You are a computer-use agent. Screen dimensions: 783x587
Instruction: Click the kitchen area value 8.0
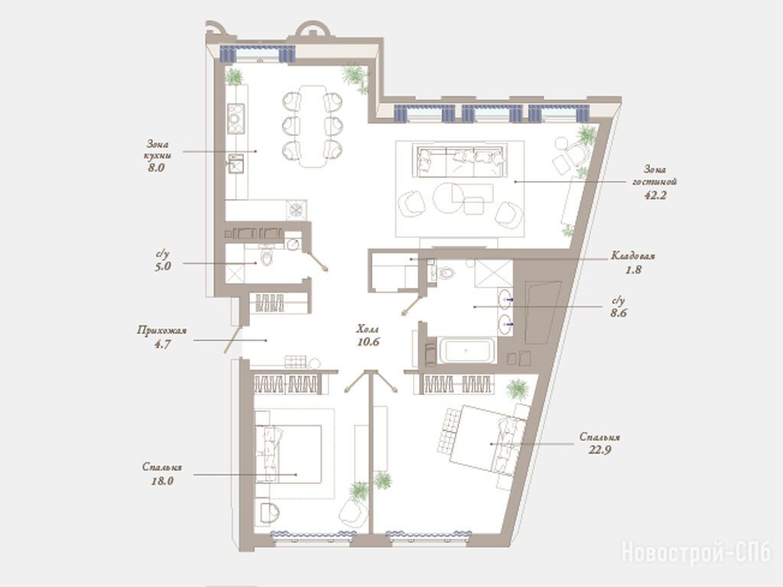click(156, 167)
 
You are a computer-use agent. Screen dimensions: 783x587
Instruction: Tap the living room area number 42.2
click(655, 195)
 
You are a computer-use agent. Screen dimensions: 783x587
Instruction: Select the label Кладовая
click(632, 256)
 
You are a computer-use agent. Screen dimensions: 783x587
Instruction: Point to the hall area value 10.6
click(369, 342)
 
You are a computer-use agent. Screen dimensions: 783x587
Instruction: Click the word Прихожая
click(162, 330)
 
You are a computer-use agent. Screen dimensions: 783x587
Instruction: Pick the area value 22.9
click(599, 449)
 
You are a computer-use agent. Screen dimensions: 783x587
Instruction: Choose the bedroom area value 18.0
click(162, 482)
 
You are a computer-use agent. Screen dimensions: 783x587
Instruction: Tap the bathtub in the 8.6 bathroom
click(467, 350)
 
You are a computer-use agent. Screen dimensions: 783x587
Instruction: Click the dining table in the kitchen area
click(313, 127)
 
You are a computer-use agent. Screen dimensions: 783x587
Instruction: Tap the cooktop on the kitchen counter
click(236, 118)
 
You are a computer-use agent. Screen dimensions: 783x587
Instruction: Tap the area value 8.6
click(619, 313)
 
